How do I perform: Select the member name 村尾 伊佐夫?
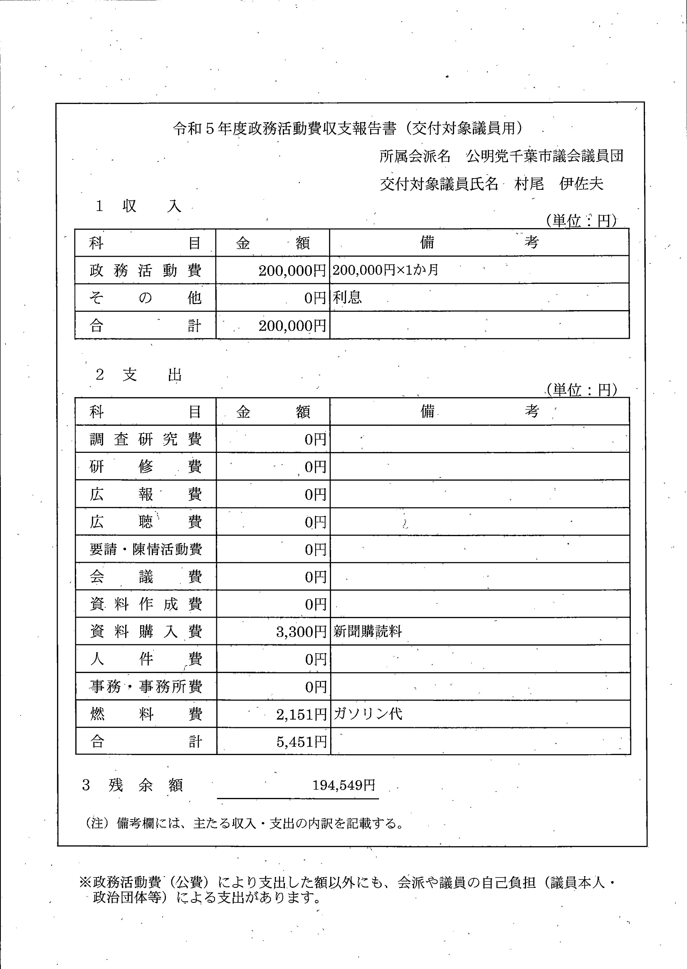click(x=558, y=184)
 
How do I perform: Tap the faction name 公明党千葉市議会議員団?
click(x=544, y=157)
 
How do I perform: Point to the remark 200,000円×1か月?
click(x=385, y=270)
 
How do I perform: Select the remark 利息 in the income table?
click(x=347, y=298)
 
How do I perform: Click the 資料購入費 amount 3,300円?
click(x=301, y=632)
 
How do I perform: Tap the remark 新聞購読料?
click(x=367, y=631)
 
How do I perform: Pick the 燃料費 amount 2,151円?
click(x=301, y=715)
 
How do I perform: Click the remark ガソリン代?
click(x=368, y=714)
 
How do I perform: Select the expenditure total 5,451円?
click(x=301, y=742)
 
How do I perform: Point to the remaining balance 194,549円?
click(x=343, y=786)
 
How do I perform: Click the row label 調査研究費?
click(x=146, y=440)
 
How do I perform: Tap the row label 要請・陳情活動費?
click(x=146, y=549)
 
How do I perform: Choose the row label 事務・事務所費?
click(x=146, y=687)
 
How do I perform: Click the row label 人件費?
click(x=146, y=659)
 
